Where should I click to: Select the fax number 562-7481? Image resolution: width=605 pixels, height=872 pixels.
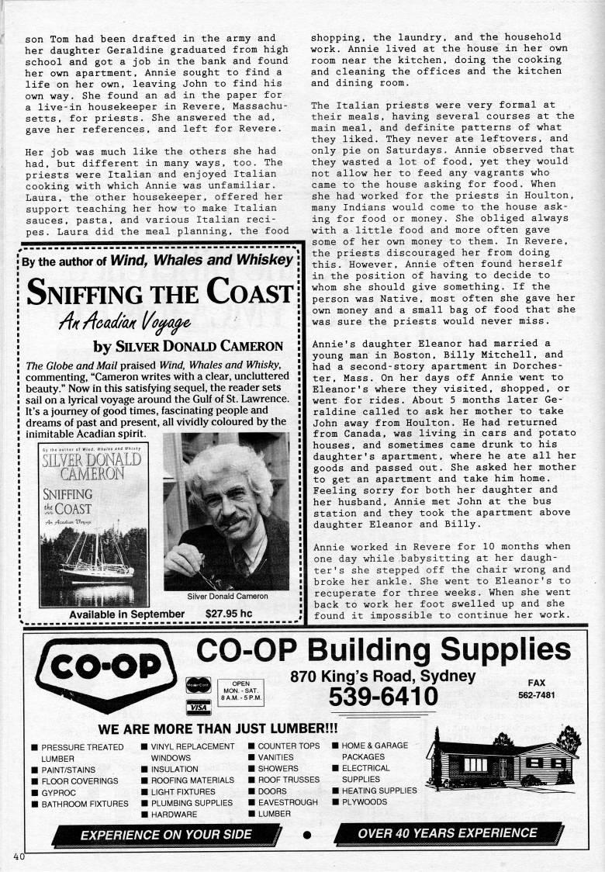536,695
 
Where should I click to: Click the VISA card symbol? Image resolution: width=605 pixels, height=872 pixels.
199,706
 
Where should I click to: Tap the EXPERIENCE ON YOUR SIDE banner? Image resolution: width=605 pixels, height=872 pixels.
166,834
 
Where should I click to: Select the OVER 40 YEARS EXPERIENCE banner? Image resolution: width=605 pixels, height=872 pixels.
448,833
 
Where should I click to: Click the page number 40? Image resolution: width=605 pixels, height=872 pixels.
19,856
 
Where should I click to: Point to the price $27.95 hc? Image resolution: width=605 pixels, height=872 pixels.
229,614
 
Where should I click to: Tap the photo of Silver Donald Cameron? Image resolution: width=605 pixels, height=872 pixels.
226,512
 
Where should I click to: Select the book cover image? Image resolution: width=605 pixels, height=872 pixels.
94,525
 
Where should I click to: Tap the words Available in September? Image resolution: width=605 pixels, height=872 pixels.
126,614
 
